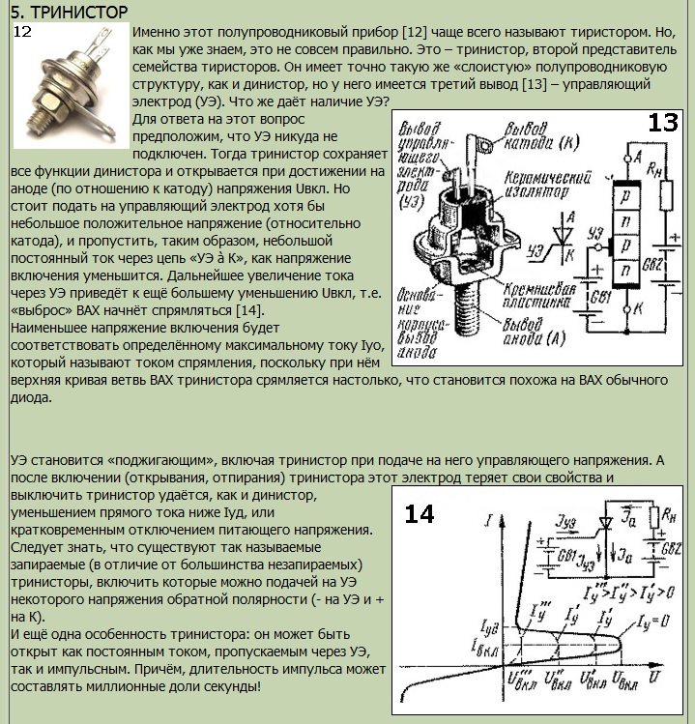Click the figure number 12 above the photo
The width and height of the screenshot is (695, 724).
tap(22, 32)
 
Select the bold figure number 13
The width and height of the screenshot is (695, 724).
tap(663, 123)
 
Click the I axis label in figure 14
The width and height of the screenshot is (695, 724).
tap(492, 522)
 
